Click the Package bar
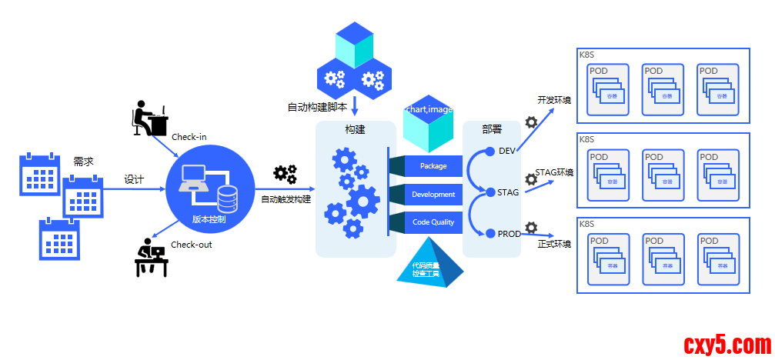pos(433,166)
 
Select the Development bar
pos(433,195)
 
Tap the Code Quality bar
pos(433,222)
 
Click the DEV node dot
pos(490,151)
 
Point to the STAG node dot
pos(490,192)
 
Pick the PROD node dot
pos(490,233)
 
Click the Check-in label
pos(189,137)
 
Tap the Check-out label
pos(191,245)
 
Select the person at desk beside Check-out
pos(151,258)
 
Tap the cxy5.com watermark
pos(726,344)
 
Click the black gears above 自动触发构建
pos(286,175)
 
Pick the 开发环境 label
pos(554,100)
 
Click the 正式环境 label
pos(554,245)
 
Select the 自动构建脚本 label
pos(317,107)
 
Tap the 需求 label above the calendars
pos(83,162)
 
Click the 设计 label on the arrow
pos(134,179)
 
